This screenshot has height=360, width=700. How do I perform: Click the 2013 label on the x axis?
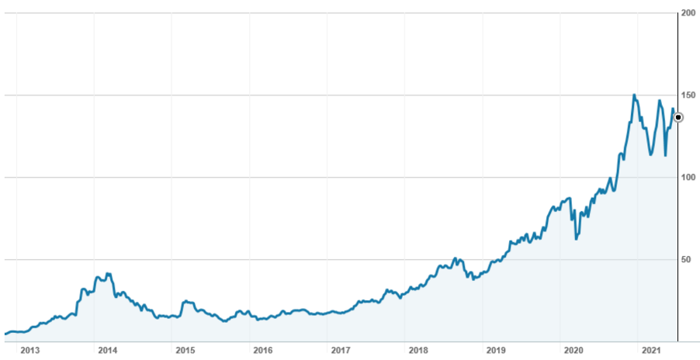pos(29,350)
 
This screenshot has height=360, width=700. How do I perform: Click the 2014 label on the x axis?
pos(107,350)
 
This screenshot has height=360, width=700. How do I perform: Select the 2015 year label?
pos(185,350)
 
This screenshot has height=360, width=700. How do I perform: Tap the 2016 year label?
pos(262,350)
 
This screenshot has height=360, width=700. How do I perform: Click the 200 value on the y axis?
pos(688,13)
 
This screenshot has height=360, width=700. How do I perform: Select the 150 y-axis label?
pos(688,95)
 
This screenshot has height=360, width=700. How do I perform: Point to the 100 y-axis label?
pos(688,178)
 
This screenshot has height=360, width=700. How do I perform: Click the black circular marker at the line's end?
pos(678,117)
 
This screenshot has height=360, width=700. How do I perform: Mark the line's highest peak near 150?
pos(634,95)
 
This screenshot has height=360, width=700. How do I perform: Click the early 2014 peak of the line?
pos(109,273)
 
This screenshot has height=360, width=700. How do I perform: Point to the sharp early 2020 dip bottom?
pos(576,239)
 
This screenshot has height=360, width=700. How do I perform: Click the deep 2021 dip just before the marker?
pos(665,155)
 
